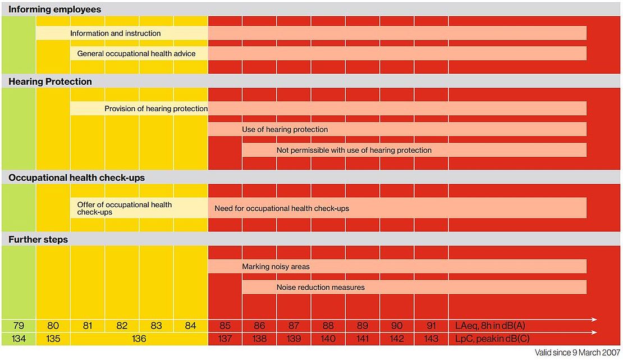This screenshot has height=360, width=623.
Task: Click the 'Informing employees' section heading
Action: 55,9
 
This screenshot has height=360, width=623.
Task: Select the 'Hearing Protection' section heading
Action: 50,81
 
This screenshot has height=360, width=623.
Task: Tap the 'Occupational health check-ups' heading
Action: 76,177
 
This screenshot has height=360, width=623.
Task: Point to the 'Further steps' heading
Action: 38,239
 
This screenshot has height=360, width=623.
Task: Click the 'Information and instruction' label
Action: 115,33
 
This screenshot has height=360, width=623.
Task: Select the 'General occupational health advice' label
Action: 136,53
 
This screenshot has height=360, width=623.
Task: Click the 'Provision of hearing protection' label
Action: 156,108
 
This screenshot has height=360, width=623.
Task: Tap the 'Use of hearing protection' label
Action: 285,129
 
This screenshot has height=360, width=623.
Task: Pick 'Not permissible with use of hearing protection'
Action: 354,150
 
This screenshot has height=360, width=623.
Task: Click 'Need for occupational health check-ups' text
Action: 282,208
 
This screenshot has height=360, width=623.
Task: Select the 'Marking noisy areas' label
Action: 276,266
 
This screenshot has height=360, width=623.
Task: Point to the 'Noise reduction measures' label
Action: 320,287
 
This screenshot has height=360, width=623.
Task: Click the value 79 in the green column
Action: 18,325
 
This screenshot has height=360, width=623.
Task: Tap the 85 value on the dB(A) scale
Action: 225,325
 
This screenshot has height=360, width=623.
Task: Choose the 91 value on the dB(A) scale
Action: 431,325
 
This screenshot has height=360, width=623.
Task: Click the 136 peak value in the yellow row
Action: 139,339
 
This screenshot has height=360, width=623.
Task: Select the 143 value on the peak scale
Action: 431,339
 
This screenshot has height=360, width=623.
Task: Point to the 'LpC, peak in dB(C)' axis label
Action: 492,339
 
